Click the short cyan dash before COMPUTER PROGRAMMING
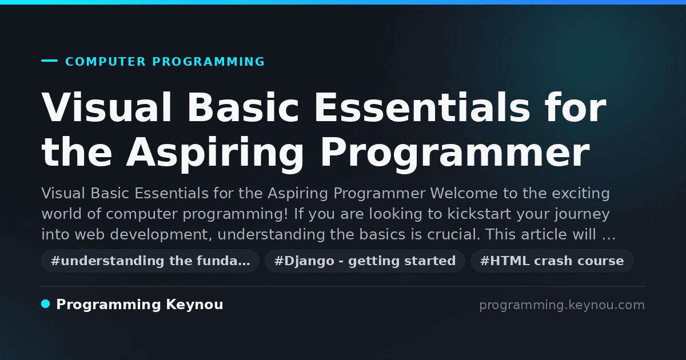coord(49,61)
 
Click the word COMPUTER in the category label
coord(105,62)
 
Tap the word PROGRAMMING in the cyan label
coord(209,62)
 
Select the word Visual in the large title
coord(106,107)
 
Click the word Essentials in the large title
coord(422,107)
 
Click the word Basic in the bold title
coord(243,107)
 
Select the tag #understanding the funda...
coord(150,261)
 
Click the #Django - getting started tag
coord(365,261)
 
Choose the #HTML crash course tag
coord(552,261)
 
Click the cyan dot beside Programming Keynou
coord(46,304)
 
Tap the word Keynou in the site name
coord(194,305)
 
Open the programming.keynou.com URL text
coord(562,305)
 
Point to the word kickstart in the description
coord(479,214)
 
